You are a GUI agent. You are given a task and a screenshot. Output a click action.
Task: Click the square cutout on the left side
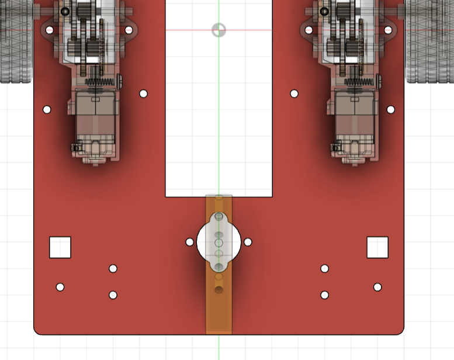[x=60, y=247]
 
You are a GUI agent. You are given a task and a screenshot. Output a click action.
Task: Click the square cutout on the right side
[x=377, y=247]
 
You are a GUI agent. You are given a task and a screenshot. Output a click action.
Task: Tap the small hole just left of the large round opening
[x=189, y=242]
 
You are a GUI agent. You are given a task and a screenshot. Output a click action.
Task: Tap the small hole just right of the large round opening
[x=248, y=242]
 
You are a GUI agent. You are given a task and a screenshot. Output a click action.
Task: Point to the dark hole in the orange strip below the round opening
[x=219, y=290]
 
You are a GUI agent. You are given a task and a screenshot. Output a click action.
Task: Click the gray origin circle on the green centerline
[x=219, y=30]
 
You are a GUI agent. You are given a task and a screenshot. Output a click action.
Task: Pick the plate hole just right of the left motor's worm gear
[x=144, y=94]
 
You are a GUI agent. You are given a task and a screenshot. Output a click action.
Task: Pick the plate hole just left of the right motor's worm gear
[x=294, y=94]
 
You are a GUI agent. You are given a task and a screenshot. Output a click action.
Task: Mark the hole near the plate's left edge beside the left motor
[x=47, y=109]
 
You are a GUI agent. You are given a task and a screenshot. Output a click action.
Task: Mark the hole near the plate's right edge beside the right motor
[x=390, y=109]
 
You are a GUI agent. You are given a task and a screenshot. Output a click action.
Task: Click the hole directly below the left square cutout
[x=60, y=287]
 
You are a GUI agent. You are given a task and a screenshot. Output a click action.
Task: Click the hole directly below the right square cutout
[x=377, y=287]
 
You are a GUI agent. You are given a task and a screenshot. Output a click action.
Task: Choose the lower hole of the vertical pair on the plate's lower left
[x=113, y=295]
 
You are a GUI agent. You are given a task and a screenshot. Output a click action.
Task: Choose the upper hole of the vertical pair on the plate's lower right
[x=324, y=269]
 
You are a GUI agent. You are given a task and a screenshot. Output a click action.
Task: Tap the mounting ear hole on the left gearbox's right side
[x=129, y=30]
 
